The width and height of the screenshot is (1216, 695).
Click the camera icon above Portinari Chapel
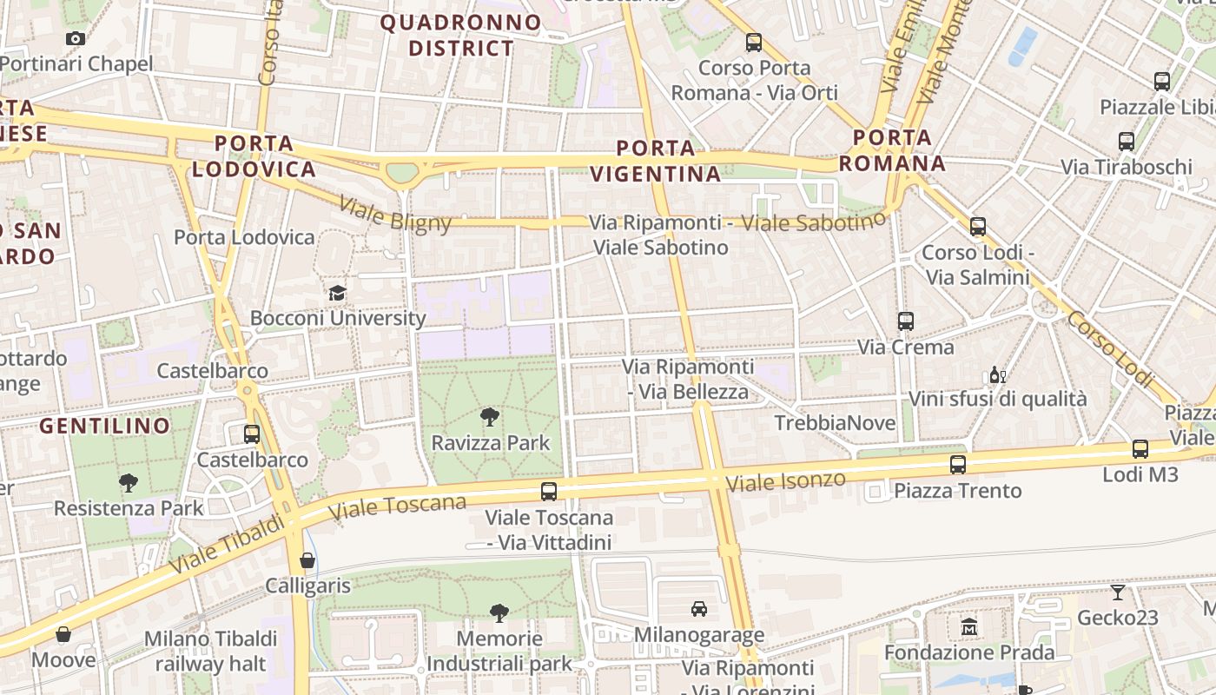click(76, 38)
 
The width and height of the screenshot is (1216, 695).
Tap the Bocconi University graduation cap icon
click(337, 293)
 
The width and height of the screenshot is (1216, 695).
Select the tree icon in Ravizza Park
click(490, 417)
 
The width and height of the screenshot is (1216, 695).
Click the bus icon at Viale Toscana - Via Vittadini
click(549, 492)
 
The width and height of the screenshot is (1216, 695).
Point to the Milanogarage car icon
click(698, 609)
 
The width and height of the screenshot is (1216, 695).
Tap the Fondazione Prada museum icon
click(969, 626)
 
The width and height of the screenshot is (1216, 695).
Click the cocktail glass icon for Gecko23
click(1118, 592)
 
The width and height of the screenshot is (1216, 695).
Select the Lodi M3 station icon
click(1140, 449)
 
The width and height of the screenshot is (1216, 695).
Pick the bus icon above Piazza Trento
click(958, 465)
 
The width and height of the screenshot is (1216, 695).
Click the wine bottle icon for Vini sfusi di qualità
click(997, 375)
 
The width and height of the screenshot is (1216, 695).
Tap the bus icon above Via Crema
click(906, 321)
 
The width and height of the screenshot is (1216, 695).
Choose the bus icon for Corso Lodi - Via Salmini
click(978, 227)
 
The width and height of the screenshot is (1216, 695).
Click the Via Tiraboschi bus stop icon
click(1127, 141)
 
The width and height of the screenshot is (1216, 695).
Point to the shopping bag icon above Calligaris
click(307, 560)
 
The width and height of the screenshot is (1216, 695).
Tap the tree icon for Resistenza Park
click(129, 482)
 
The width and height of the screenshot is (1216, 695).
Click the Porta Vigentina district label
click(656, 161)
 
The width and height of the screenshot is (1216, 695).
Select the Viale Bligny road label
click(395, 215)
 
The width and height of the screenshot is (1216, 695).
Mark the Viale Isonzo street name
click(785, 481)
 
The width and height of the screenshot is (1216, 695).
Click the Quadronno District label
click(461, 36)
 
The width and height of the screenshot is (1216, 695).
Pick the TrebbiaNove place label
click(835, 423)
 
